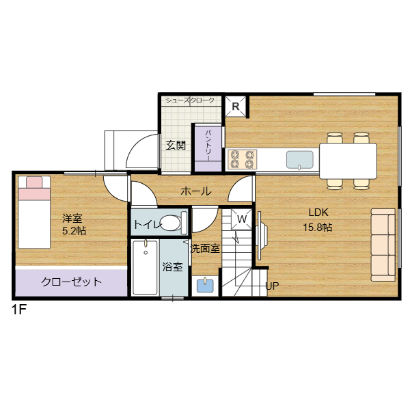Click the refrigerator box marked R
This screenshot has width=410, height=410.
click(x=236, y=107)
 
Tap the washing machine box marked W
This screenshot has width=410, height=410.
click(x=241, y=219)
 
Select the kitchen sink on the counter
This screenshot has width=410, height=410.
click(x=300, y=160)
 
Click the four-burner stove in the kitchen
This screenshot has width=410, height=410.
click(x=242, y=159)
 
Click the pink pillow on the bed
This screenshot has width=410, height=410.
click(x=34, y=182)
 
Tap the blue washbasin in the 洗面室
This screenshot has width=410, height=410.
click(x=205, y=286)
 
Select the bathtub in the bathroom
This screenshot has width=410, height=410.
click(x=146, y=267)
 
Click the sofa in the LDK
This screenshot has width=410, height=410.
click(x=383, y=245)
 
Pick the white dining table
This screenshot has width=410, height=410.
click(x=348, y=161)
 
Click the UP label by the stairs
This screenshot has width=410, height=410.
click(x=272, y=286)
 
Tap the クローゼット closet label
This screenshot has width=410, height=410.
click(x=71, y=282)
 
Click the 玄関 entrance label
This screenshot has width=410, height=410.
click(x=176, y=145)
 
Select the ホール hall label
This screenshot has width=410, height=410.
click(x=196, y=191)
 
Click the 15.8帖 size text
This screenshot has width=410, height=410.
click(x=318, y=228)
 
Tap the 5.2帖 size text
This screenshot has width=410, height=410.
click(x=74, y=231)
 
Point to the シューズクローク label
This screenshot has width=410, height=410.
click(x=190, y=100)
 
